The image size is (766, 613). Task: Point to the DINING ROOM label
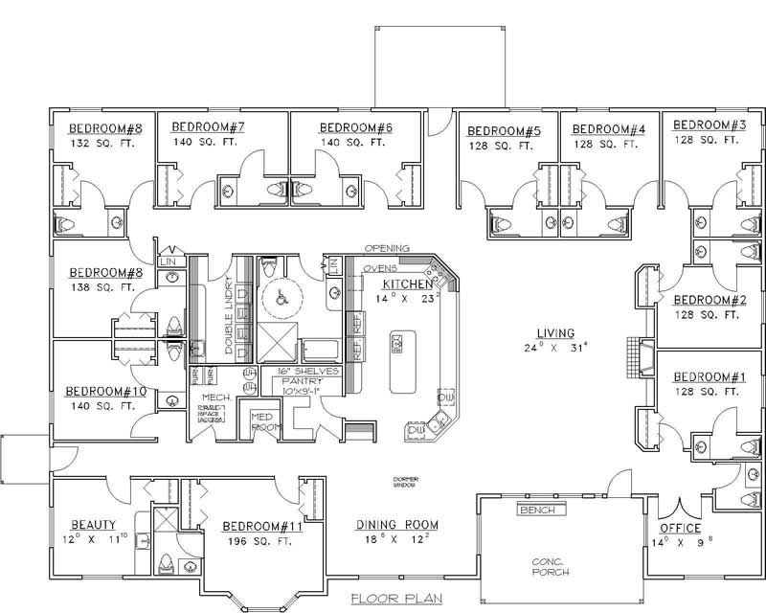coord(396,525)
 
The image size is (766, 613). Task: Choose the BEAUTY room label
coord(94,525)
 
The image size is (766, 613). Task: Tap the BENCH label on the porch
coord(537,511)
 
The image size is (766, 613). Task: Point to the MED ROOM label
coord(262,421)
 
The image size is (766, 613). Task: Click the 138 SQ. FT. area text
coord(101,287)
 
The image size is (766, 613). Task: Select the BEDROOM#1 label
coord(709,376)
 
